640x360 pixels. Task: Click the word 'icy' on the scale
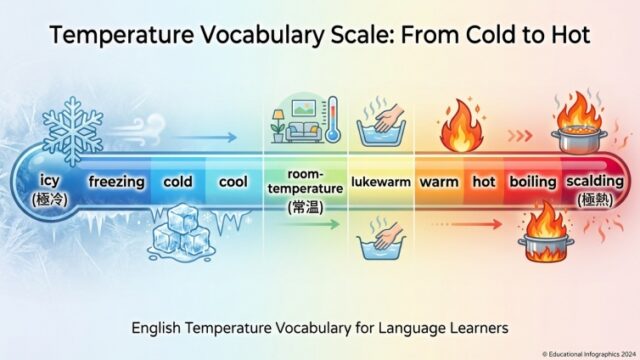[50, 180]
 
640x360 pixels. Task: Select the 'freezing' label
[117, 182]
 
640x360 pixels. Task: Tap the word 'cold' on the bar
[178, 182]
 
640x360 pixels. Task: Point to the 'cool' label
[233, 182]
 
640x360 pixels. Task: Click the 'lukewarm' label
[381, 182]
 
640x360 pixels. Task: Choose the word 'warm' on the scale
[439, 182]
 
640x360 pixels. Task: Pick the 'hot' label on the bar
[484, 182]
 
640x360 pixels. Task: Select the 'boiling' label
[533, 182]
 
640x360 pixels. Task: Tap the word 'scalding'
[595, 181]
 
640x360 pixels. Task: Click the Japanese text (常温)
[306, 207]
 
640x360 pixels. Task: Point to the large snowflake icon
[73, 131]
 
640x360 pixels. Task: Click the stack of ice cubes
[181, 233]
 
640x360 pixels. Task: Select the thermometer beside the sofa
[333, 119]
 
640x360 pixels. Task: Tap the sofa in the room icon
[303, 132]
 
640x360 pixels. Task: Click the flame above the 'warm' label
[462, 127]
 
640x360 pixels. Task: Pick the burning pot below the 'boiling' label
[546, 235]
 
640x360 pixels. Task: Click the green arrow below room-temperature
[309, 224]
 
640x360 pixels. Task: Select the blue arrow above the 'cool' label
[206, 137]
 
